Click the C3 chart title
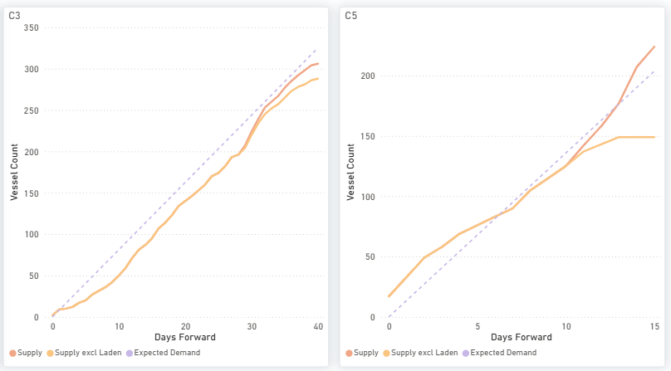coord(15,16)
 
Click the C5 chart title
coord(351,16)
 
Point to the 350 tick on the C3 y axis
coord(32,28)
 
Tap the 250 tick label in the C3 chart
coord(32,110)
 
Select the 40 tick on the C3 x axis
coord(318,326)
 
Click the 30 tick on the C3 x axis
coord(252,326)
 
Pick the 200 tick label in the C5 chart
coord(368,76)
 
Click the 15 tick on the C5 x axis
coord(654,326)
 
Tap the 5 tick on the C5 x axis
coord(478,326)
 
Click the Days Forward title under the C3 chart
coord(185,337)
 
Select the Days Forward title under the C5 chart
coord(522,337)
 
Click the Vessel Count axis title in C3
coord(15,172)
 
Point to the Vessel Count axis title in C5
coord(351,172)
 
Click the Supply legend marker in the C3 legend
coord(12,353)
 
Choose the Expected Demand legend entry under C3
coord(163,353)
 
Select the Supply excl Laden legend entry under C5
coord(420,353)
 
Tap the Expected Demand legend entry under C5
coord(499,353)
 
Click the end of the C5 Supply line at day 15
coord(654,46)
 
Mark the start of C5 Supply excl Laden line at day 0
coord(389,296)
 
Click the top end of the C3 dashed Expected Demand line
coord(316,50)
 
